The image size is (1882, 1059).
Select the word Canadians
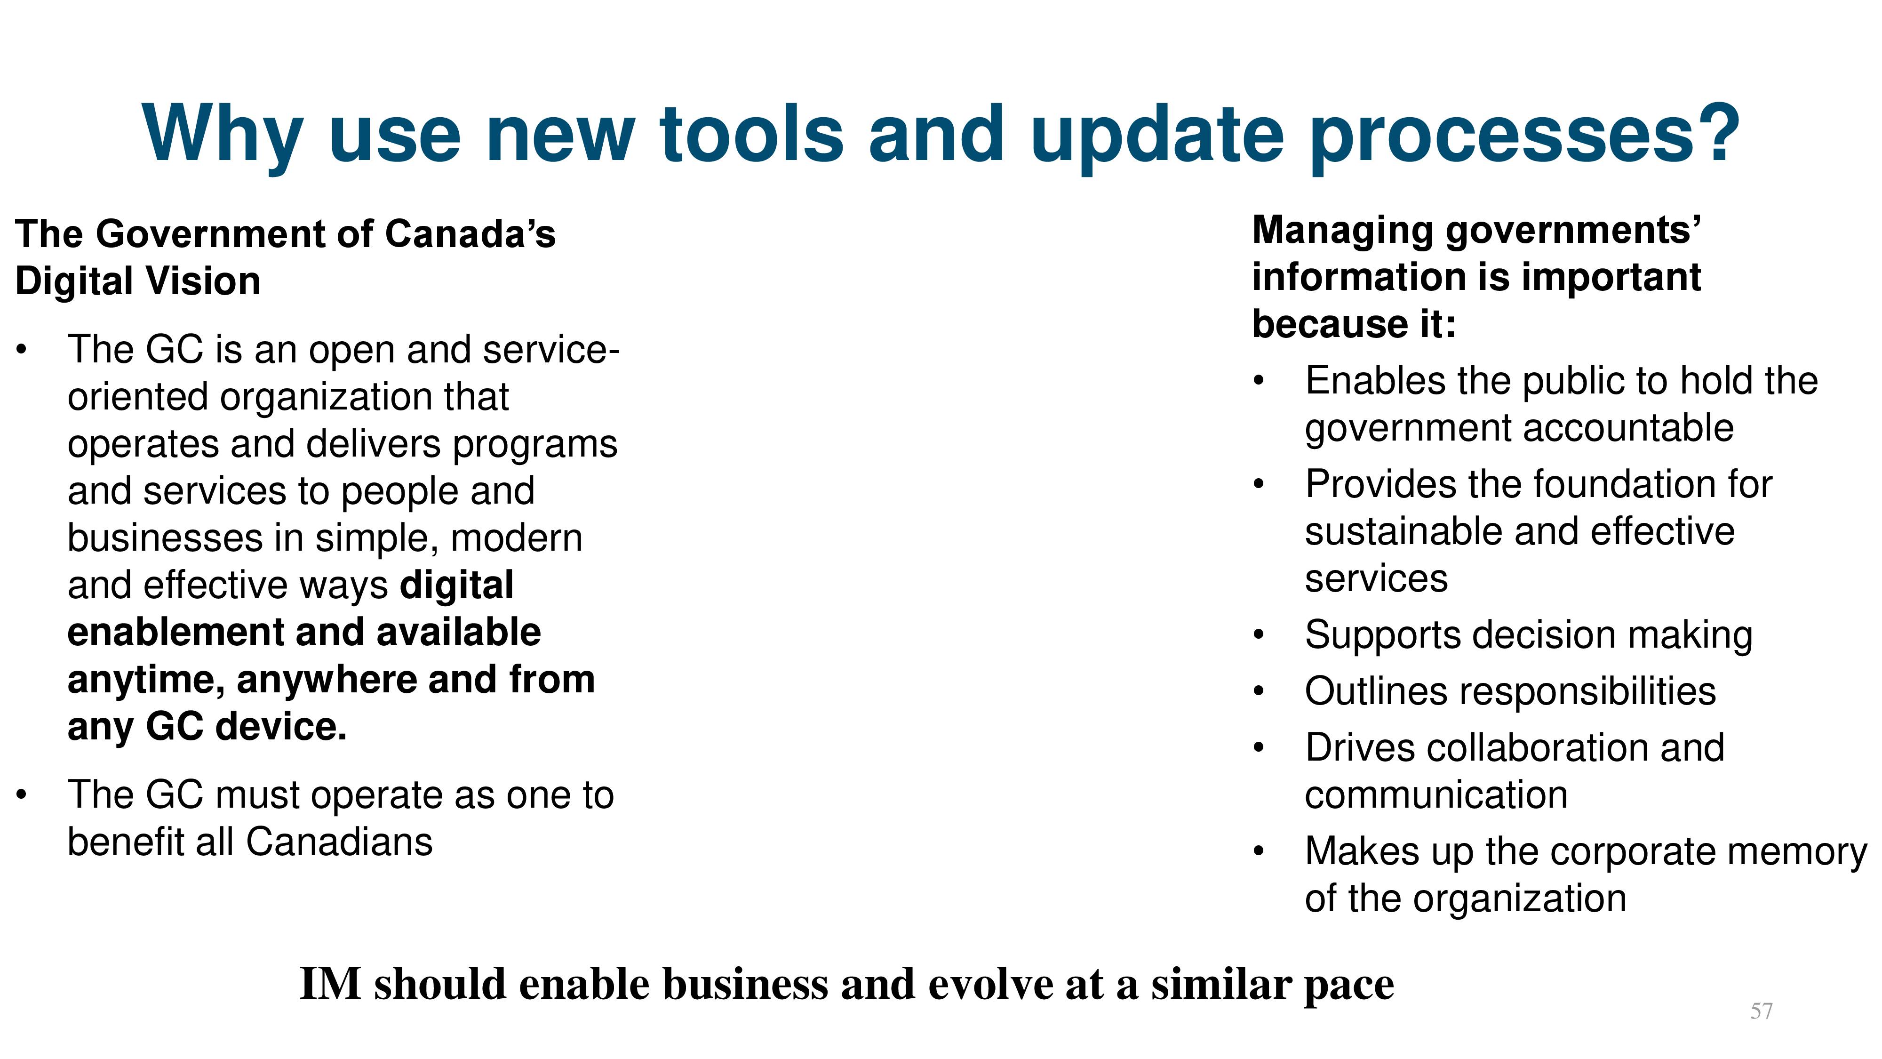pos(339,842)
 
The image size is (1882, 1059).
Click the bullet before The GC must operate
pos(23,794)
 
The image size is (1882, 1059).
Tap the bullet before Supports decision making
pos(1258,635)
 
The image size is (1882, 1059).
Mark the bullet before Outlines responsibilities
pos(1258,691)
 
